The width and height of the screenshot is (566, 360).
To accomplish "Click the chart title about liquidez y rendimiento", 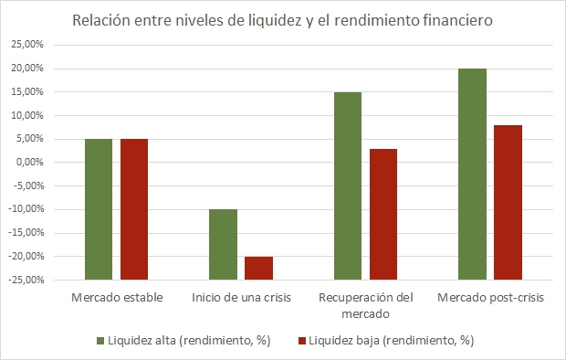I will tap(282, 20).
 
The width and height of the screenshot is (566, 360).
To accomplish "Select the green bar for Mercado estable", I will tap(98, 208).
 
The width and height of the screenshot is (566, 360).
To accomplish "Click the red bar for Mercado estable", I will tap(134, 208).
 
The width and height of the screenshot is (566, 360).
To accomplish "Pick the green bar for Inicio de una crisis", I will tap(223, 243).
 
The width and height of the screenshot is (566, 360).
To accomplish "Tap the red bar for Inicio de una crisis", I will tap(258, 267).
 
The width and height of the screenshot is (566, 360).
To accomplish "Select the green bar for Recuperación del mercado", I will tap(348, 185).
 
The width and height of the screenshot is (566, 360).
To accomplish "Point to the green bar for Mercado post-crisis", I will tap(472, 174).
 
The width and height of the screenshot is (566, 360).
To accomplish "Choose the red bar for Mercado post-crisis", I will tap(508, 201).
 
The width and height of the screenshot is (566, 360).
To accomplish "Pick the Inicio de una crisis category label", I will tap(241, 298).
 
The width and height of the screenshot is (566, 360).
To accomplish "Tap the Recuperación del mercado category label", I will tap(365, 305).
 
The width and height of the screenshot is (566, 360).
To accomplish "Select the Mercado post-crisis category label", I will tap(489, 298).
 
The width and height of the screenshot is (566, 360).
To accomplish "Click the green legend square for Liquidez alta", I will tap(100, 341).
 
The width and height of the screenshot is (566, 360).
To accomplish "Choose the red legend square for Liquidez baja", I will tap(302, 341).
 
